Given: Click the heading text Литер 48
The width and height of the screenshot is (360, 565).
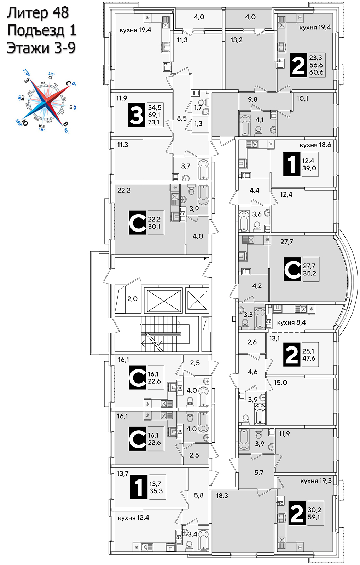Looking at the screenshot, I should pos(38,13).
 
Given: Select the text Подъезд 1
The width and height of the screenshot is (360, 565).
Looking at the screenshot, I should pos(42,30).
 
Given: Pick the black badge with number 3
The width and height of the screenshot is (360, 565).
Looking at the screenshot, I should pos(137,115).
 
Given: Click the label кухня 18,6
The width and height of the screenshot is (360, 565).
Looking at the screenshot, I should pos(315,145).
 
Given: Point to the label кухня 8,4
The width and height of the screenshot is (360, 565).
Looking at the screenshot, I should pos(291,322).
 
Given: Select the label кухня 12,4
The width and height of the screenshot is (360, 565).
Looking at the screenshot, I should pos(133,518).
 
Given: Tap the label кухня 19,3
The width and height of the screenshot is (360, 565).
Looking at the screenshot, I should pos(316,481).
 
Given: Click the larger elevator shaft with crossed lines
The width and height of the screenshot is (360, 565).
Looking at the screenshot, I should pos(163,301).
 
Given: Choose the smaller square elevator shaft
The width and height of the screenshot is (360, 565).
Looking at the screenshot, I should pos(197,300).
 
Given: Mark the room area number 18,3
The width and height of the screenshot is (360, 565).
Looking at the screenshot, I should pos(222,496).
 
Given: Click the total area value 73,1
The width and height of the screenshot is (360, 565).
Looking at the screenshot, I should pos(154,122).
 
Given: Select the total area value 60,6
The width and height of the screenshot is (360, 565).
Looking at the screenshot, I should pos(316,72).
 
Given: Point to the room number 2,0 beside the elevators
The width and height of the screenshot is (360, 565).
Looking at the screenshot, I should pos(132,299).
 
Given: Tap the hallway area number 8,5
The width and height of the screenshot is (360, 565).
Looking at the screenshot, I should pos(182,118).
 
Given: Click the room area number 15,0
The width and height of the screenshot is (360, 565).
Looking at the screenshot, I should pos(280,382).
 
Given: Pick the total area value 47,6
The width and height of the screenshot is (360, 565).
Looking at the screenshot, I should pos(309,358).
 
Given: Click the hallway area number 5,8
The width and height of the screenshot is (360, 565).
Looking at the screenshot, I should pos(199,495).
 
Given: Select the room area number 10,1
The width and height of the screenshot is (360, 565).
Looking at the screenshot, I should pos(302,99).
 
